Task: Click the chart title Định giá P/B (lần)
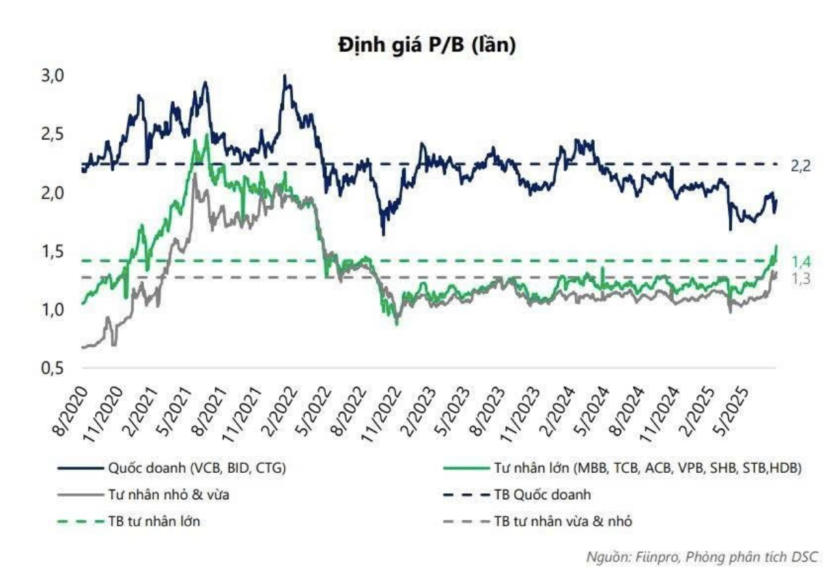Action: [427, 45]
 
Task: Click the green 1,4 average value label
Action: [801, 262]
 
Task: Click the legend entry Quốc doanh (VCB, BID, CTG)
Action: [196, 467]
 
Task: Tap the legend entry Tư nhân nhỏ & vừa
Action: [169, 494]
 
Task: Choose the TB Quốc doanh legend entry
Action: [542, 494]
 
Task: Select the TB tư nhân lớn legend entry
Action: [156, 522]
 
